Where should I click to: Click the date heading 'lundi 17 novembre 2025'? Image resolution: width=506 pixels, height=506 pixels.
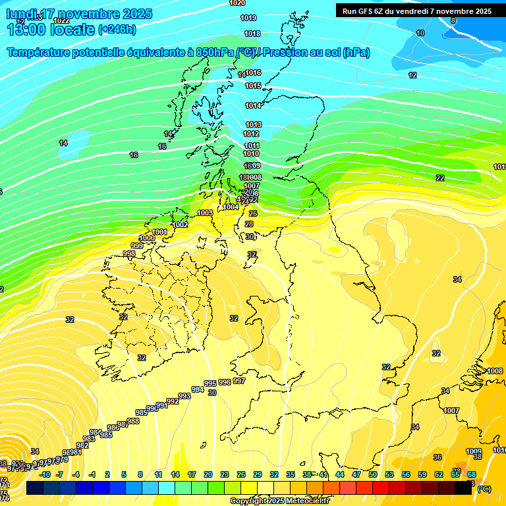(79, 14)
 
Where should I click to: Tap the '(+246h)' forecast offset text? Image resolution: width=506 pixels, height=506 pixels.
(117, 30)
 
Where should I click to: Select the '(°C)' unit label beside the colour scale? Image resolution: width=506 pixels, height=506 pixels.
(484, 489)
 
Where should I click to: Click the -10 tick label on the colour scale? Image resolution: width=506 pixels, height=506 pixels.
(45, 474)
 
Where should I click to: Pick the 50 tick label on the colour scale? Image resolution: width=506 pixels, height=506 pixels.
(372, 474)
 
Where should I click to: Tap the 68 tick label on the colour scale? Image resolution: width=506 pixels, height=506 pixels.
(472, 474)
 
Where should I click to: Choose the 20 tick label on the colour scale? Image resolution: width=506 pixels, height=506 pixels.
(208, 474)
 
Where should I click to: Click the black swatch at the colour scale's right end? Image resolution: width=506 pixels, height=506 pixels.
(463, 488)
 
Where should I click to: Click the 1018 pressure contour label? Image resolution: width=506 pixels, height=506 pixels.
(252, 34)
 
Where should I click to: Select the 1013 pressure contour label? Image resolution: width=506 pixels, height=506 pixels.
(253, 125)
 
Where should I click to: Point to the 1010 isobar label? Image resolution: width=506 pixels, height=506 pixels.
(251, 154)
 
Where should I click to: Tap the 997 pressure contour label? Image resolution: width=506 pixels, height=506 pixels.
(239, 381)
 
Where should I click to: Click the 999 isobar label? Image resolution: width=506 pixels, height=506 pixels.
(137, 246)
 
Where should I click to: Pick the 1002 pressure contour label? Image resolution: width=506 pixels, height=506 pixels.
(180, 225)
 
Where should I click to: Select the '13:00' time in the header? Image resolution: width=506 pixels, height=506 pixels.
(26, 30)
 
